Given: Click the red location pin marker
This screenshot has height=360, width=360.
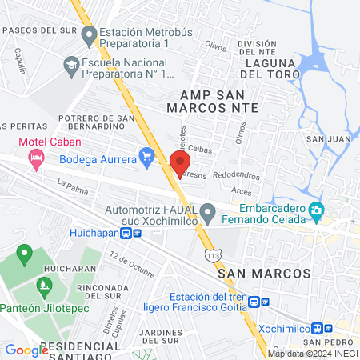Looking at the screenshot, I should point(178,162).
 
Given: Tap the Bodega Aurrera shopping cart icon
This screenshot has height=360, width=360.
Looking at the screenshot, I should point(146,155).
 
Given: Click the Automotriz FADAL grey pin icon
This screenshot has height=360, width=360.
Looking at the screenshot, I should point(208,214).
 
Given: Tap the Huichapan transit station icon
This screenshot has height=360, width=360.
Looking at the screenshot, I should point(131,233).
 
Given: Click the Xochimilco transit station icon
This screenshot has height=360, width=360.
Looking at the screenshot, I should point(323,328).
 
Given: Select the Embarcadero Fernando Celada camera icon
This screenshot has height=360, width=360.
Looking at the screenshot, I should point(318,214).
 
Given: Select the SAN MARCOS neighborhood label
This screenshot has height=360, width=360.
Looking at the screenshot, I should point(263,274).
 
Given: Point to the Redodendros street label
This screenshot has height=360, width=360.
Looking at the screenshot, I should point(236,174).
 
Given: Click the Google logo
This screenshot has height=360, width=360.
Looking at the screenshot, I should point(26,350).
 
